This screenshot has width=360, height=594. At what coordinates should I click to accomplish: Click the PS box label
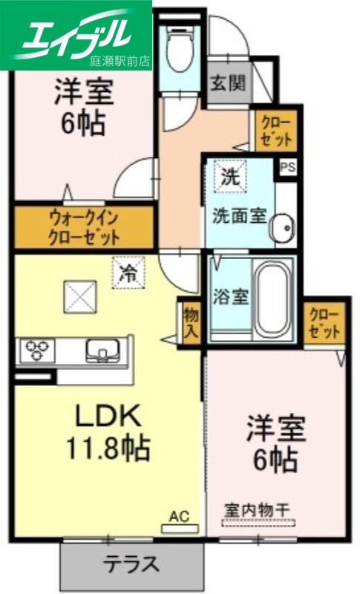287,166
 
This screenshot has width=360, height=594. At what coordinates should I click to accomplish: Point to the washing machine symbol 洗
227,177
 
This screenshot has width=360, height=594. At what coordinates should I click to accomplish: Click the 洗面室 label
239,215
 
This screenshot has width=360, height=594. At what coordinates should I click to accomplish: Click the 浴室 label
229,294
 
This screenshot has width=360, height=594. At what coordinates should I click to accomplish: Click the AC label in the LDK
179,515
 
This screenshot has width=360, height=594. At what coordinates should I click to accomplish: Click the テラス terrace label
131,564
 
